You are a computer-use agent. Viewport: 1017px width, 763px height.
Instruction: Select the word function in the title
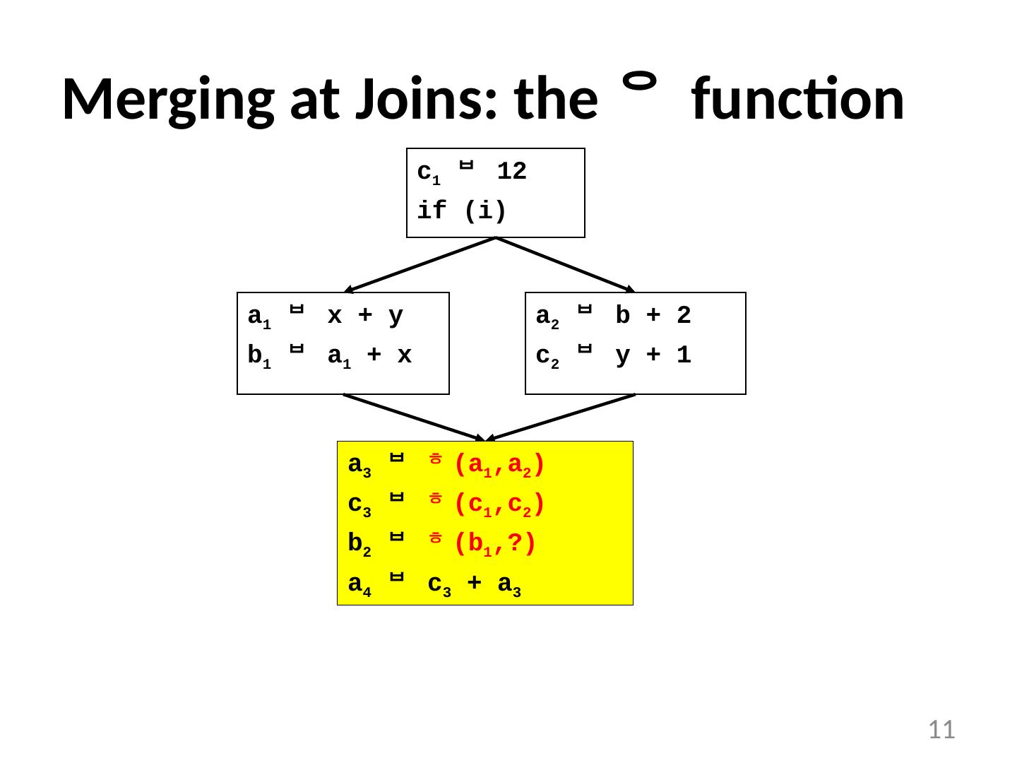coord(798,100)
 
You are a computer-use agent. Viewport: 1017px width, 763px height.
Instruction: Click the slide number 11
coord(941,729)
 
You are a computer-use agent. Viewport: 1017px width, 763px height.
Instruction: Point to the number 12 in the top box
coord(512,172)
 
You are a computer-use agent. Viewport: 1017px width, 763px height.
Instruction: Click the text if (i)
coord(462,211)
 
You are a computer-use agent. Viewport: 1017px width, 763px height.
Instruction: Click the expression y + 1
coord(653,355)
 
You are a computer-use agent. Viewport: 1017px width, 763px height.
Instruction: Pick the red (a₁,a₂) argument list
coord(499,466)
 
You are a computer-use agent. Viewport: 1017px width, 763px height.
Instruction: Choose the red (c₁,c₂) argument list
coord(499,504)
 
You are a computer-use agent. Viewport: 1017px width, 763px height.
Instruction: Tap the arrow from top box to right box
coord(565,264)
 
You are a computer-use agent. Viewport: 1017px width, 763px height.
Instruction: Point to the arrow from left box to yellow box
coord(412,417)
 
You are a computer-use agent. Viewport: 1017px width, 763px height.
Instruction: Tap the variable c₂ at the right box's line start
coord(547,356)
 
